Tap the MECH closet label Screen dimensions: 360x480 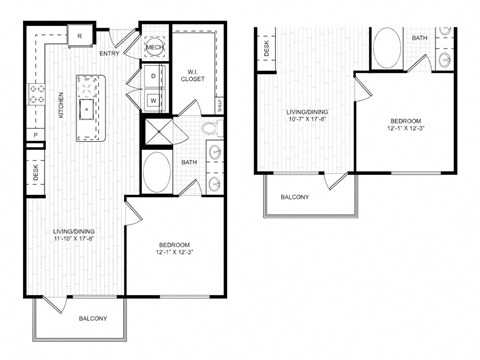(x=155, y=47)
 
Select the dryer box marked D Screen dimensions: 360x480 (x=154, y=76)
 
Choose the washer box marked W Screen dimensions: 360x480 (x=154, y=98)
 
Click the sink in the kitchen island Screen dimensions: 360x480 (x=88, y=104)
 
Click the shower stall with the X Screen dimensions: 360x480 (x=158, y=133)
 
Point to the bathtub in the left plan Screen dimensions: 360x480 (x=158, y=172)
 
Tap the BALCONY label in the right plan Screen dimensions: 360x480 (x=294, y=197)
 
